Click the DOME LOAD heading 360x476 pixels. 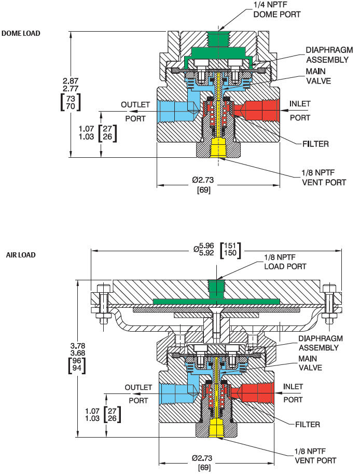tap(21, 33)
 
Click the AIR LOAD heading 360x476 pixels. tap(20, 255)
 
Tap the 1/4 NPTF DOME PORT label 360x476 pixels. tap(276, 9)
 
